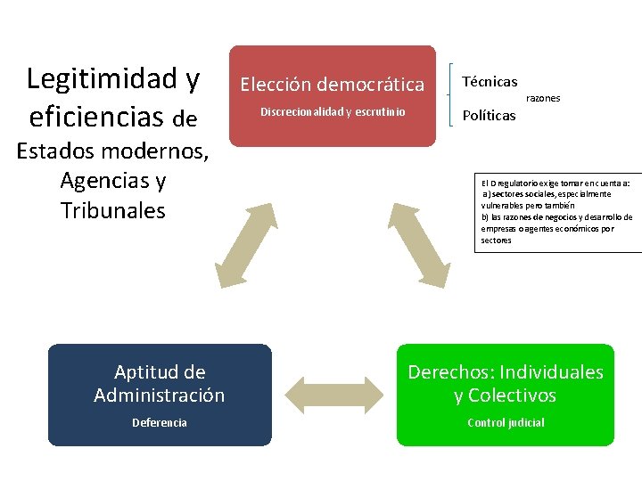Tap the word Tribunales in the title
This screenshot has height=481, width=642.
click(x=112, y=211)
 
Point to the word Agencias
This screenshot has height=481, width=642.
click(x=101, y=181)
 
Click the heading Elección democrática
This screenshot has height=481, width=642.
click(x=333, y=85)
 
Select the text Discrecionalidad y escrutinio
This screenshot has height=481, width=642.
click(x=333, y=112)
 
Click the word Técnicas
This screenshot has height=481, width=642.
click(x=490, y=82)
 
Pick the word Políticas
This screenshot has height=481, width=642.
click(x=489, y=116)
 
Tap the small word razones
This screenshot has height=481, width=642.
click(x=543, y=98)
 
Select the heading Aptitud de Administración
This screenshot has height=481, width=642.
click(x=160, y=384)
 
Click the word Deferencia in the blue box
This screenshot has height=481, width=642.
click(x=160, y=423)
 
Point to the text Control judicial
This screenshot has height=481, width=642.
click(x=506, y=423)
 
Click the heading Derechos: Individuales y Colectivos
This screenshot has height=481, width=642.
click(x=506, y=384)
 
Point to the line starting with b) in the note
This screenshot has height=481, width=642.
click(x=556, y=217)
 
